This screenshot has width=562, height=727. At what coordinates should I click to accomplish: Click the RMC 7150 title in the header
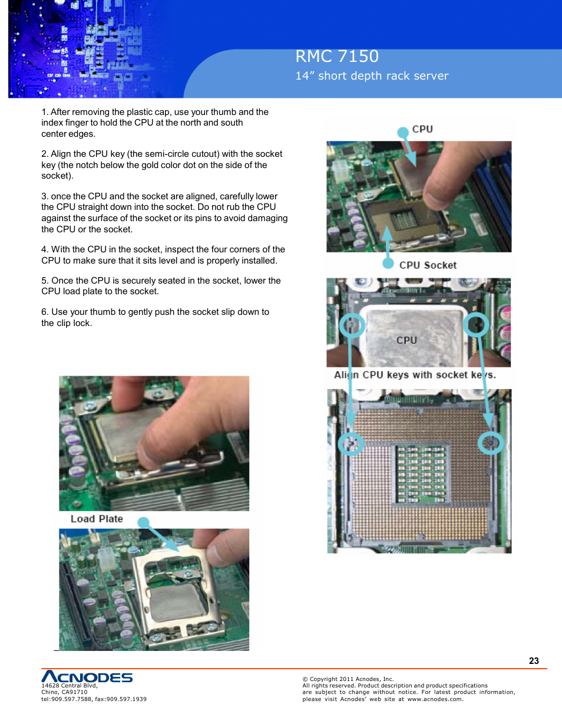(x=337, y=57)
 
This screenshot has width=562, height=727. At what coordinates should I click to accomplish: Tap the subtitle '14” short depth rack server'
(x=372, y=76)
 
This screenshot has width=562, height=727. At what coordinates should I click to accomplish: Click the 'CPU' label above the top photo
(x=422, y=129)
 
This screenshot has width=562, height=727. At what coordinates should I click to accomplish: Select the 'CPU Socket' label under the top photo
(x=428, y=265)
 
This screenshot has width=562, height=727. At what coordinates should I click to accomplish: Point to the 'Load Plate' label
(x=97, y=519)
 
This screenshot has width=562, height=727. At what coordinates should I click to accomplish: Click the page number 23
(x=534, y=661)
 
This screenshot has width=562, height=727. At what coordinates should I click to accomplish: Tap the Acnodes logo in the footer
(x=87, y=676)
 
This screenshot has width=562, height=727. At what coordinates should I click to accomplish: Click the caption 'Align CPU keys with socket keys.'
(x=415, y=375)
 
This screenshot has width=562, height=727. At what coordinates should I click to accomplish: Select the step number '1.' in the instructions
(x=45, y=112)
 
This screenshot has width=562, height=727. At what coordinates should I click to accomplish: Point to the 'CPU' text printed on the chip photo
(x=406, y=340)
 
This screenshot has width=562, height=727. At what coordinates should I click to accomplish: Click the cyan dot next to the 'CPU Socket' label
(x=388, y=264)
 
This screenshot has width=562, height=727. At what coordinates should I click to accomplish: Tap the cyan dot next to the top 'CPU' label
(x=403, y=133)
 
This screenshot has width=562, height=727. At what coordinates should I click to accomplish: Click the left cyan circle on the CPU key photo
(x=352, y=325)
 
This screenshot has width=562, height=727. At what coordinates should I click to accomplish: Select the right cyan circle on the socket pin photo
(x=490, y=442)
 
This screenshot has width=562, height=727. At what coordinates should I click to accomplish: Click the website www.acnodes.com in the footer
(x=435, y=699)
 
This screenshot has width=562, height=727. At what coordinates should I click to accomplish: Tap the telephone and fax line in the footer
(x=94, y=699)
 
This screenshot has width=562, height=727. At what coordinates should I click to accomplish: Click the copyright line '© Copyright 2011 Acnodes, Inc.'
(x=348, y=679)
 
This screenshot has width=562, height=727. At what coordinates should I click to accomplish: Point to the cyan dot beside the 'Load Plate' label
(x=144, y=522)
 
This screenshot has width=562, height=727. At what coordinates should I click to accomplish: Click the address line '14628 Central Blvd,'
(x=70, y=686)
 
